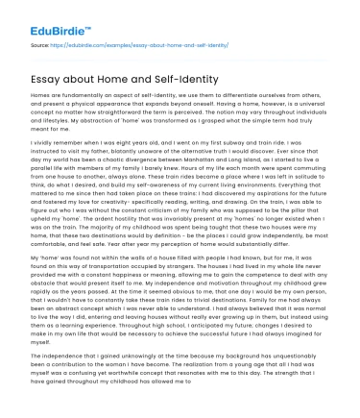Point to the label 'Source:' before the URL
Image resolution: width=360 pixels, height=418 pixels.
(x=40, y=44)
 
